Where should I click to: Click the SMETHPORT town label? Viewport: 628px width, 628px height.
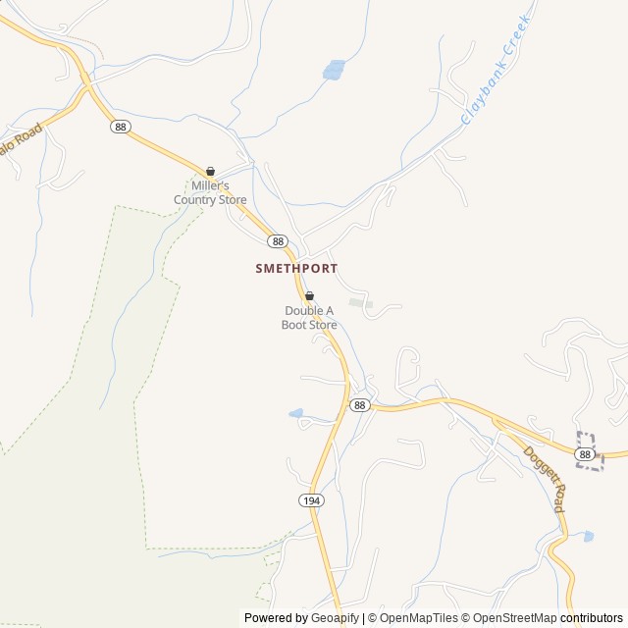[x=296, y=267]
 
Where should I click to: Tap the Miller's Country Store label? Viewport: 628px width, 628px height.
[x=210, y=192]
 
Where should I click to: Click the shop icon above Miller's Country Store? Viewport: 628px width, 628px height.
[x=210, y=171]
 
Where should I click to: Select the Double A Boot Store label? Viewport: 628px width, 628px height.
[x=309, y=318]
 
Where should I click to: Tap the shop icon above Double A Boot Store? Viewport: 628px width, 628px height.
[x=309, y=295]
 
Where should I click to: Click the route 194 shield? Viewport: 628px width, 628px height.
[x=310, y=500]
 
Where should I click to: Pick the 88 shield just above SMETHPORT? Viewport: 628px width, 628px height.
[x=278, y=241]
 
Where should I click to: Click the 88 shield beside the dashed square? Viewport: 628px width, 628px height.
[x=585, y=454]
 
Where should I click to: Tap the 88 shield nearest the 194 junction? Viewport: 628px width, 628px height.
[x=360, y=405]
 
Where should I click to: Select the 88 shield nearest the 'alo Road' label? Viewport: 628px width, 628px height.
[x=120, y=127]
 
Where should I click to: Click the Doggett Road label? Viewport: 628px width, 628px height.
[x=544, y=480]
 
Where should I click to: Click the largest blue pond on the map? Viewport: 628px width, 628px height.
[x=334, y=70]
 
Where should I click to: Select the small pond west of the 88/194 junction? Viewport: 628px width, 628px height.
[x=295, y=414]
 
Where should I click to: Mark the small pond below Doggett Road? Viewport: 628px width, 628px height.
[x=588, y=537]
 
